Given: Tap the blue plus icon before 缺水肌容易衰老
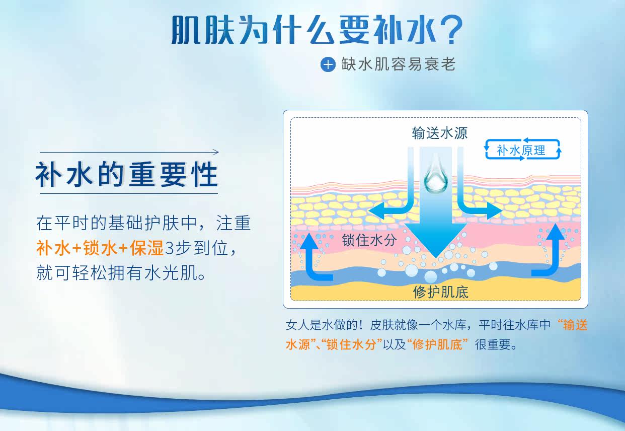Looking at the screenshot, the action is click(328, 64).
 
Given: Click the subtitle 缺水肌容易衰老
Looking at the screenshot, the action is click(399, 64).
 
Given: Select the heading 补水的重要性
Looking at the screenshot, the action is click(126, 175).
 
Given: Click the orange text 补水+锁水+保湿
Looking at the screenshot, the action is click(100, 248).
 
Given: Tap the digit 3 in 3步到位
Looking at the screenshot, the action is click(169, 248).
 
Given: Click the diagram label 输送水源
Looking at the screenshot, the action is click(439, 133).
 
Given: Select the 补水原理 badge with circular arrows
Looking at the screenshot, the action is click(523, 150).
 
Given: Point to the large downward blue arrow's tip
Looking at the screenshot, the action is click(436, 257).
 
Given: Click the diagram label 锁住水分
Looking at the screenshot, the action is click(369, 240).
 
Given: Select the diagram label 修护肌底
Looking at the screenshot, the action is click(440, 292).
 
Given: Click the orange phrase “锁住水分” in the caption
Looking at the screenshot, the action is click(352, 344).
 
